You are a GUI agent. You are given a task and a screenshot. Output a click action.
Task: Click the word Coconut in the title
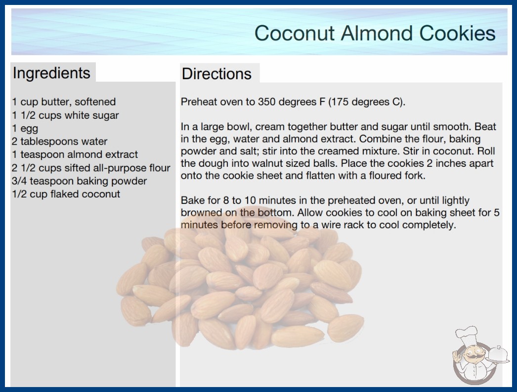(x=295, y=33)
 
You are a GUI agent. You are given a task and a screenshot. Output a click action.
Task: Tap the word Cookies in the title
(x=457, y=33)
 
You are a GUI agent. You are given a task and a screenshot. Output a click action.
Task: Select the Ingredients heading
(x=51, y=73)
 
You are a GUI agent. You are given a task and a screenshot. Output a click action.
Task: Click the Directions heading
(x=216, y=74)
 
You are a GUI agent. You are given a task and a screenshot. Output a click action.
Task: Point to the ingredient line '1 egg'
(x=25, y=129)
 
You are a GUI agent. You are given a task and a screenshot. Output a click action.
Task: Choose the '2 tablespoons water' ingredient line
(x=60, y=142)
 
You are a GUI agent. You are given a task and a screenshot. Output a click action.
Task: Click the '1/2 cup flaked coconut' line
(x=66, y=194)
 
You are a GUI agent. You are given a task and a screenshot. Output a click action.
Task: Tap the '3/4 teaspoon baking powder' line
(x=79, y=181)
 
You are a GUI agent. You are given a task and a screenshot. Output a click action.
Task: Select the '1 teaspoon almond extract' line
(x=75, y=154)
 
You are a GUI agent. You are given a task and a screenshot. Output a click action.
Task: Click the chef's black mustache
(x=472, y=357)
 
